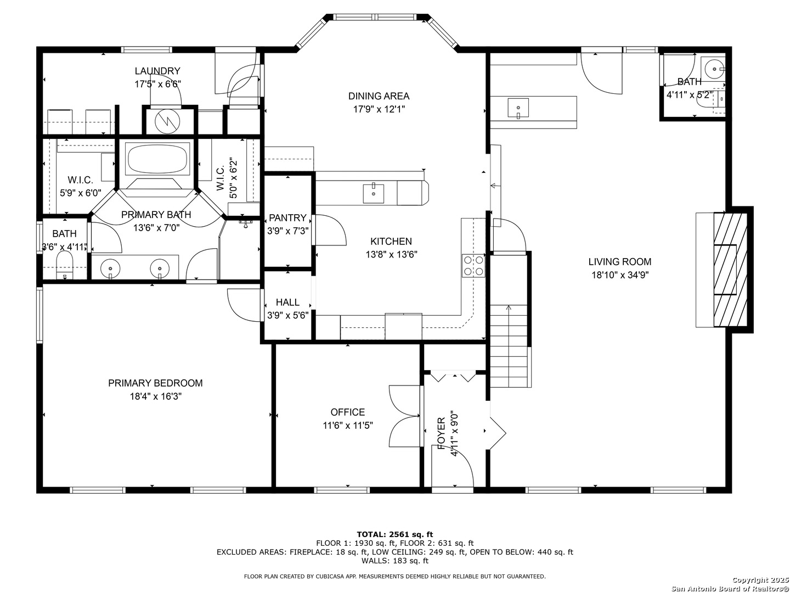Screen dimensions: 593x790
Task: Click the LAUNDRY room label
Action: [157, 71]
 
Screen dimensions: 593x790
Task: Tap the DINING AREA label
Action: [379, 96]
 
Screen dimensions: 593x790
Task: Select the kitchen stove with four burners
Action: [473, 265]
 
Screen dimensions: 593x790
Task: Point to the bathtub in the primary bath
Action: [158, 159]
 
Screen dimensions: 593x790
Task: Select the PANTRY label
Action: [287, 218]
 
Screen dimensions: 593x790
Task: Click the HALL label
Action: [287, 303]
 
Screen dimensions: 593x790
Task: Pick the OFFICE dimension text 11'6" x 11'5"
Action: [348, 425]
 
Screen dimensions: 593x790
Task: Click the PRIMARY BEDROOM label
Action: [155, 383]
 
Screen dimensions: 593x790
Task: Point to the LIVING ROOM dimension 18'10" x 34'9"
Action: [620, 275]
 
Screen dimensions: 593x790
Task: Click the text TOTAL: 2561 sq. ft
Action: [394, 534]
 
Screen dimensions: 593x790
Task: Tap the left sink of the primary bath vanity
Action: [111, 268]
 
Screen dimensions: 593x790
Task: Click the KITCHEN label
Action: [391, 242]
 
